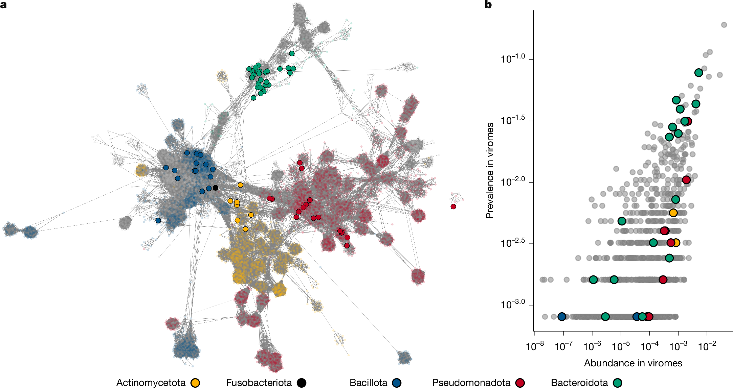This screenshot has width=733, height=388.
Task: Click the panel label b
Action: point(488,5)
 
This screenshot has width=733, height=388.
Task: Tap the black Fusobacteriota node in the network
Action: point(216,188)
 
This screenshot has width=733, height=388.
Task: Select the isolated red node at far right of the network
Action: point(453,207)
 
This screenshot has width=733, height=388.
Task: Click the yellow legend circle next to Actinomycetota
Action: point(195,383)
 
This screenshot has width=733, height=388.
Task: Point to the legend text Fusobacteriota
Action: point(259,383)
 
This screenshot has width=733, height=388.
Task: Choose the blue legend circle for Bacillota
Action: point(397,383)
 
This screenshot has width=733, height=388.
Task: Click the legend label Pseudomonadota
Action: point(471,383)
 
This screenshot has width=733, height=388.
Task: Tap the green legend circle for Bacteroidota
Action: point(618,383)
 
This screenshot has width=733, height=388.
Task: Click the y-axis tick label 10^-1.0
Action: point(513,58)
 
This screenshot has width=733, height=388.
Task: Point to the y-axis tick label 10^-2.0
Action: point(513,181)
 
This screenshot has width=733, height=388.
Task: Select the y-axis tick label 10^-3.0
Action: point(513,304)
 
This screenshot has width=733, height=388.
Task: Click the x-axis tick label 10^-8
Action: point(535,346)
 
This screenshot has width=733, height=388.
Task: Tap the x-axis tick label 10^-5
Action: point(621,346)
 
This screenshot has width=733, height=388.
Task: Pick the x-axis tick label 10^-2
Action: point(707,346)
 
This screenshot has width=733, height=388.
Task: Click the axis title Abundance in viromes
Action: point(633,363)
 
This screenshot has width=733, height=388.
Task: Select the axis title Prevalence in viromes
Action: point(489,171)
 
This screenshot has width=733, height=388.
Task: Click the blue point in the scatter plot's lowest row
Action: point(562,317)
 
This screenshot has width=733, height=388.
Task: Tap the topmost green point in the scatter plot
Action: point(698,73)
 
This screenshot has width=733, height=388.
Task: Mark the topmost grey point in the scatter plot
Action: point(724,25)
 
